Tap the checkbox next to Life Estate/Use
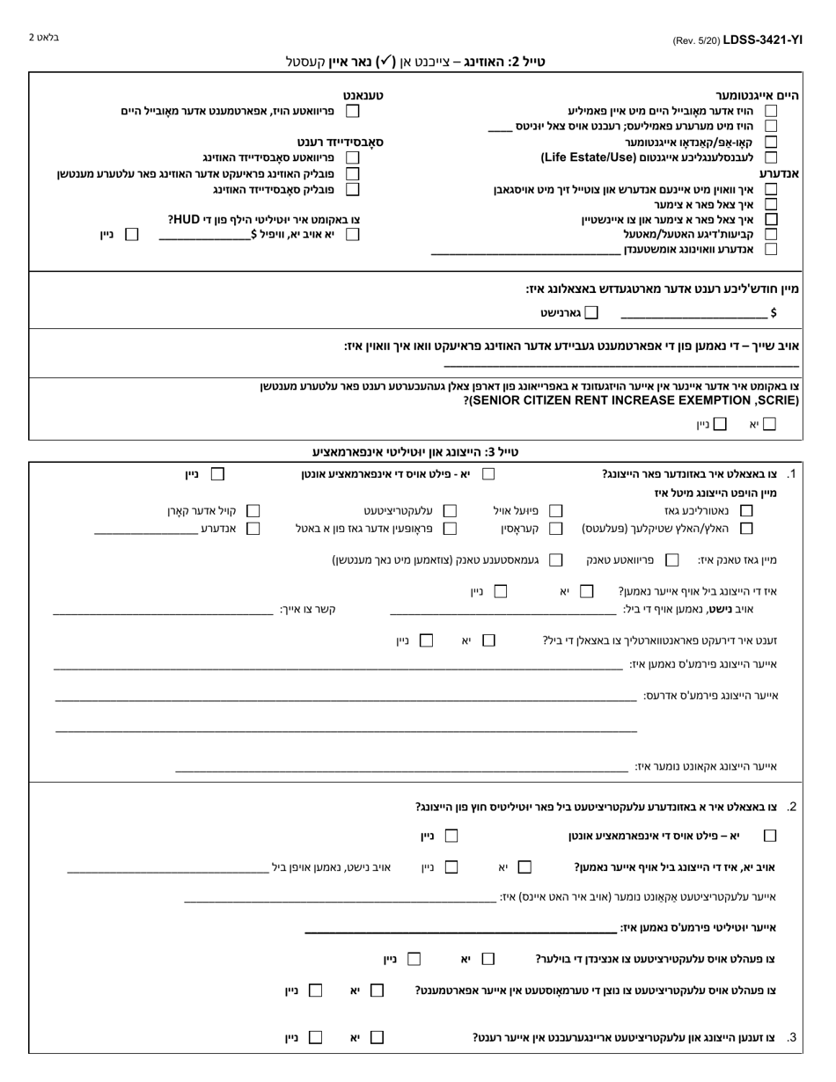pyautogui.click(x=771, y=157)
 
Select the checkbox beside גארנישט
pyautogui.click(x=591, y=312)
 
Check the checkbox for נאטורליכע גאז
pyautogui.click(x=746, y=510)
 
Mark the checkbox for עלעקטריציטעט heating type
pyautogui.click(x=450, y=510)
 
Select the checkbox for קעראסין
pyautogui.click(x=555, y=529)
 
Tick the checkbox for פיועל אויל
pyautogui.click(x=555, y=510)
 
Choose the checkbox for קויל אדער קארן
pyautogui.click(x=253, y=510)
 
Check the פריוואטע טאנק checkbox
pyautogui.click(x=672, y=559)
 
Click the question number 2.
pyautogui.click(x=792, y=806)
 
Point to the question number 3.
pyautogui.click(x=792, y=1038)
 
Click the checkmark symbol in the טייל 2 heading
pyautogui.click(x=385, y=62)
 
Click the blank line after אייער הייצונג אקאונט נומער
pyautogui.click(x=401, y=769)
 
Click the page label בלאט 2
pyautogui.click(x=44, y=38)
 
